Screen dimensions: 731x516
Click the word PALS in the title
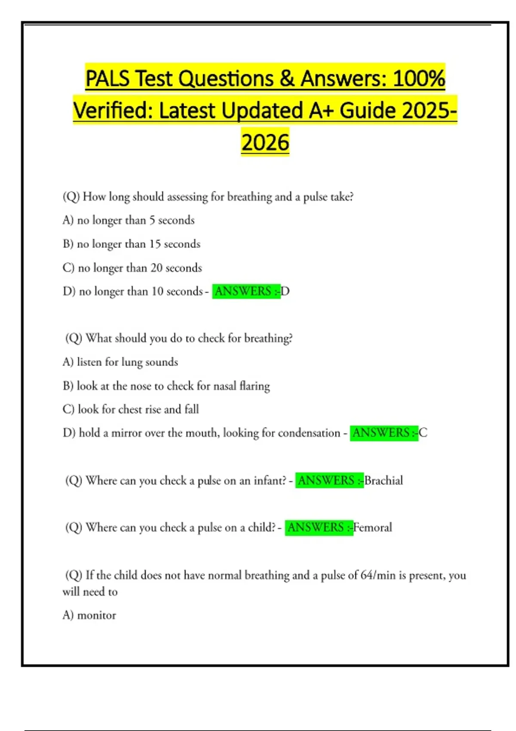point(107,79)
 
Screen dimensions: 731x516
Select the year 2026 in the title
point(265,143)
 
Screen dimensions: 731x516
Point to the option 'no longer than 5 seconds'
point(129,220)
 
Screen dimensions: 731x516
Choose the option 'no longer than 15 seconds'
point(132,244)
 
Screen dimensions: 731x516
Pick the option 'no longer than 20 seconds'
point(132,268)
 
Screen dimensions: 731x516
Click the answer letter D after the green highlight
point(285,292)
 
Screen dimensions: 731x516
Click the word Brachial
point(384,480)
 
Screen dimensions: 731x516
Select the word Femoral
point(372,528)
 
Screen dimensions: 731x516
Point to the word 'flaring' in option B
point(255,386)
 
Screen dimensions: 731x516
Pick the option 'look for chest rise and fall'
point(131,409)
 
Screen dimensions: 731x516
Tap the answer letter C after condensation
point(423,433)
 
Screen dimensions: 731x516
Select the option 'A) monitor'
point(89,615)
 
